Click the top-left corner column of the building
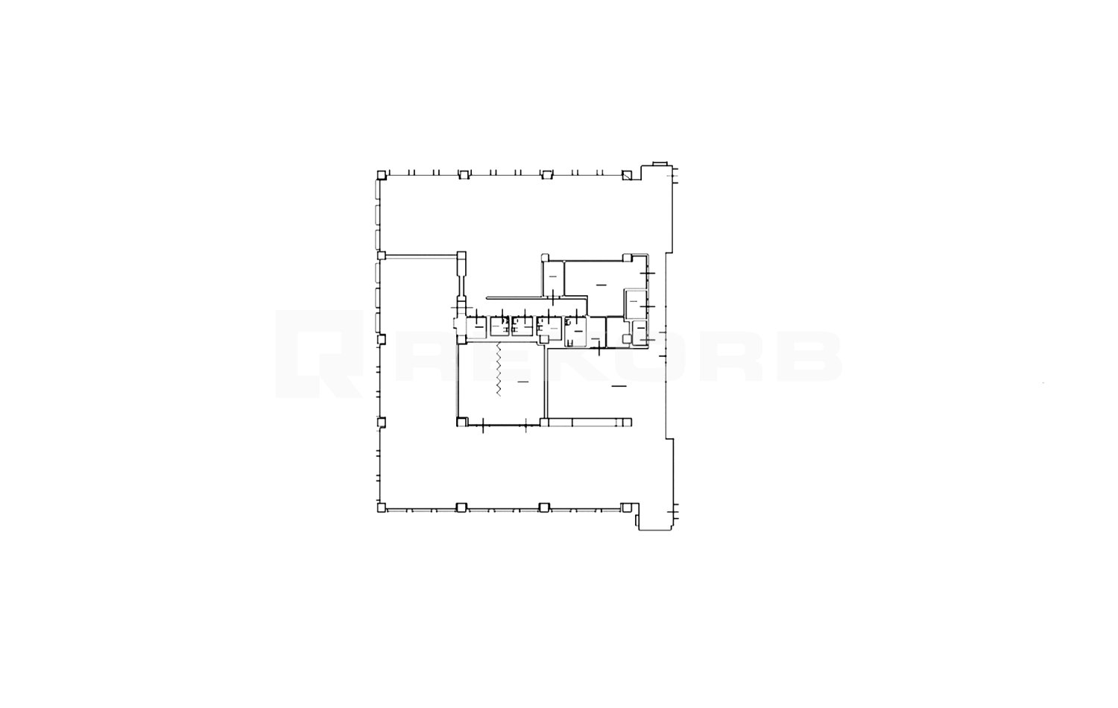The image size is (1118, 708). pyautogui.click(x=381, y=174)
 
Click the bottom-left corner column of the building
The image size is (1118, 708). pyautogui.click(x=381, y=508)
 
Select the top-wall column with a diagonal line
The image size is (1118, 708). pyautogui.click(x=627, y=175)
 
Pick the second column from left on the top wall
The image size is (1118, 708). pyautogui.click(x=463, y=174)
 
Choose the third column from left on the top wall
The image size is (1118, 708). pyautogui.click(x=546, y=174)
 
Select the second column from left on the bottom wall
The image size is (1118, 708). pyautogui.click(x=461, y=508)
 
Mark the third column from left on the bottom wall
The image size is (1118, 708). pyautogui.click(x=545, y=508)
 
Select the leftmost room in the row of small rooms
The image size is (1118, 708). pyautogui.click(x=476, y=326)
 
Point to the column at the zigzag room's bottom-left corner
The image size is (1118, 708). pyautogui.click(x=461, y=423)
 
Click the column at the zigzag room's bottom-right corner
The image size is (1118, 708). pyautogui.click(x=545, y=423)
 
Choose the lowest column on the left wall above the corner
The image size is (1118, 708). pyautogui.click(x=382, y=423)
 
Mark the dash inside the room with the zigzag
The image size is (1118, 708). pyautogui.click(x=522, y=381)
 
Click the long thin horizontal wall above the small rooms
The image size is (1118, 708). pyautogui.click(x=535, y=296)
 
